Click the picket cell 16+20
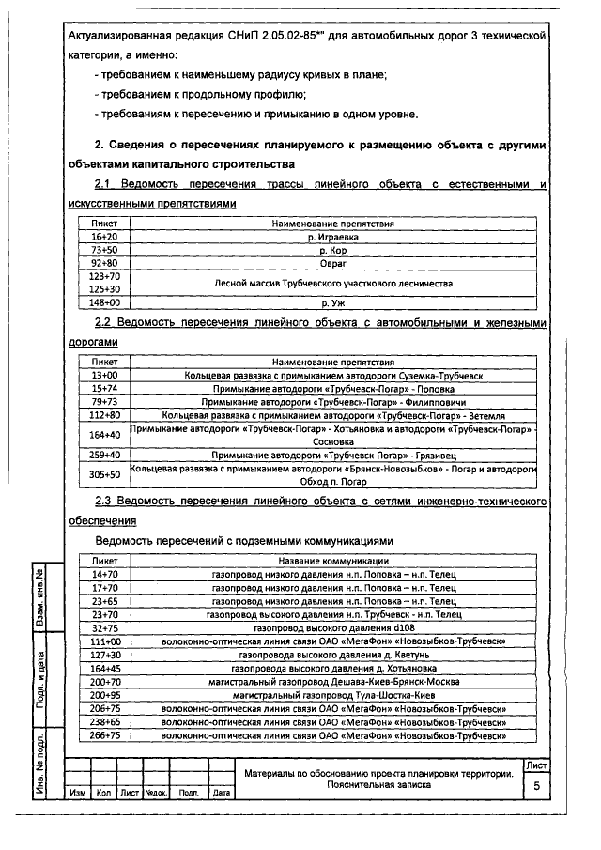[x=103, y=238]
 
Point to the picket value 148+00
[x=103, y=303]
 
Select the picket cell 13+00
[x=103, y=375]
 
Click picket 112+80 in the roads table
[x=103, y=414]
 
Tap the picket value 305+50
[x=103, y=474]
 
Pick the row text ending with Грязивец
[x=332, y=455]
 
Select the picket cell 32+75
[x=103, y=627]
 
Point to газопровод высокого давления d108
[x=333, y=627]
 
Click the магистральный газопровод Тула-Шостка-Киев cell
[x=333, y=694]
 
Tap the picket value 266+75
[x=103, y=735]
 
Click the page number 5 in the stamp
[x=536, y=786]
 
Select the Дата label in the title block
[x=222, y=793]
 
